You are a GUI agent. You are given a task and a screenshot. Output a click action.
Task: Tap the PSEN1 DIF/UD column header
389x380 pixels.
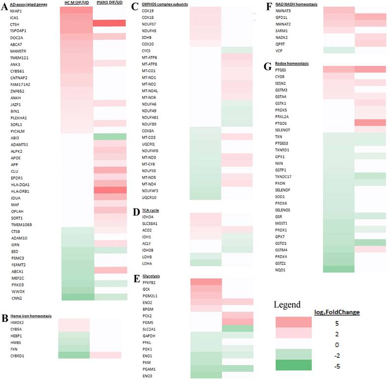coord(109,3)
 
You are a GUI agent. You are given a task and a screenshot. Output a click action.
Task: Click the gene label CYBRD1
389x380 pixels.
coord(18,355)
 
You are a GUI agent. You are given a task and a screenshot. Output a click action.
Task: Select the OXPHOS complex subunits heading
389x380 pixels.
coord(163,4)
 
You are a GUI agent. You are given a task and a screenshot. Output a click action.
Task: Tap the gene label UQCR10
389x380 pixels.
coord(149,197)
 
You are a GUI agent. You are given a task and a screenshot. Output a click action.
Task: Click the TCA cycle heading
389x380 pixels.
coord(150,210)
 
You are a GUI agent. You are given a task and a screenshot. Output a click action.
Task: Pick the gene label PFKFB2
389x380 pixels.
coord(150,282)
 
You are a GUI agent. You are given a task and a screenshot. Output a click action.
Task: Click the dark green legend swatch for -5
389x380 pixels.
coord(293,366)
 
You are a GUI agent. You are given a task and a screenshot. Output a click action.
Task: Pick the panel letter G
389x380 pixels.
coord(268,66)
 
